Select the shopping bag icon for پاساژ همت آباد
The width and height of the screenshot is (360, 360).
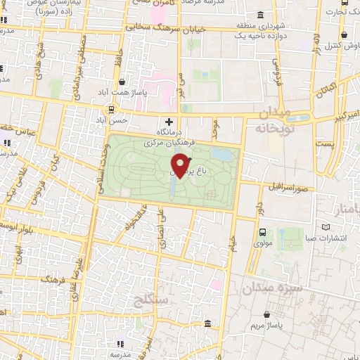click(123, 82)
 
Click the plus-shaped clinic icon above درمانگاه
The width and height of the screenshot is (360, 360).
click(168, 122)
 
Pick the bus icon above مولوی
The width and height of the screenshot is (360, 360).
click(262, 233)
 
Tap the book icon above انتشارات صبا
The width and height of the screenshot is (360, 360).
click(324, 227)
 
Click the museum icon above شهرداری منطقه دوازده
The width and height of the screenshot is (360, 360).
click(261, 15)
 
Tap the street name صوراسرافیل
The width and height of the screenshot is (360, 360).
click(289, 188)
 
